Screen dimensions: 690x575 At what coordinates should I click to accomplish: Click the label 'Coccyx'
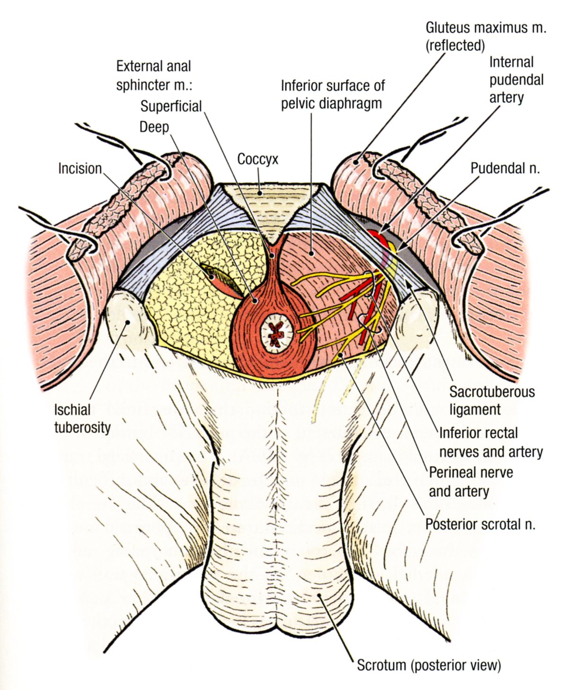click(x=257, y=159)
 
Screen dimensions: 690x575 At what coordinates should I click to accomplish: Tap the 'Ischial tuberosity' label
click(x=82, y=418)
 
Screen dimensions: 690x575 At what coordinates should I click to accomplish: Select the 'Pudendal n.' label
click(x=505, y=168)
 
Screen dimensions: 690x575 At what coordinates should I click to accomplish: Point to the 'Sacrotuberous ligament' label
click(x=491, y=400)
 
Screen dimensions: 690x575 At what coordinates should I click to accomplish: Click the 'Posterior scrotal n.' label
click(x=480, y=524)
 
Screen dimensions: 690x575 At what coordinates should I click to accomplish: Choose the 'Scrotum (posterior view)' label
click(x=428, y=665)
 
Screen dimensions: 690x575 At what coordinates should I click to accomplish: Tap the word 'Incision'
click(x=80, y=168)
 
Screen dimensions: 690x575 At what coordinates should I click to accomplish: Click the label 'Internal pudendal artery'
click(x=515, y=80)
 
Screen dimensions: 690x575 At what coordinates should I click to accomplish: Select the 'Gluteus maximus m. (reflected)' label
click(x=485, y=36)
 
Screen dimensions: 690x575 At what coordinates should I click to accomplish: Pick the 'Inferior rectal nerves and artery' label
click(x=490, y=442)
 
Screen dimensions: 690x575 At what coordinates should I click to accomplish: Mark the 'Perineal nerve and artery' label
click(x=471, y=482)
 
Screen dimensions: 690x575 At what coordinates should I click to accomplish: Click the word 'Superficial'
click(x=171, y=106)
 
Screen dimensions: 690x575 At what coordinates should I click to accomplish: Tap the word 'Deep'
click(x=154, y=127)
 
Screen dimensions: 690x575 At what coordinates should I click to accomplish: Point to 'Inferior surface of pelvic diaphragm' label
click(x=332, y=94)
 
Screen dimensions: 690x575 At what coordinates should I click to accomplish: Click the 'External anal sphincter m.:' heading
click(x=154, y=76)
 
